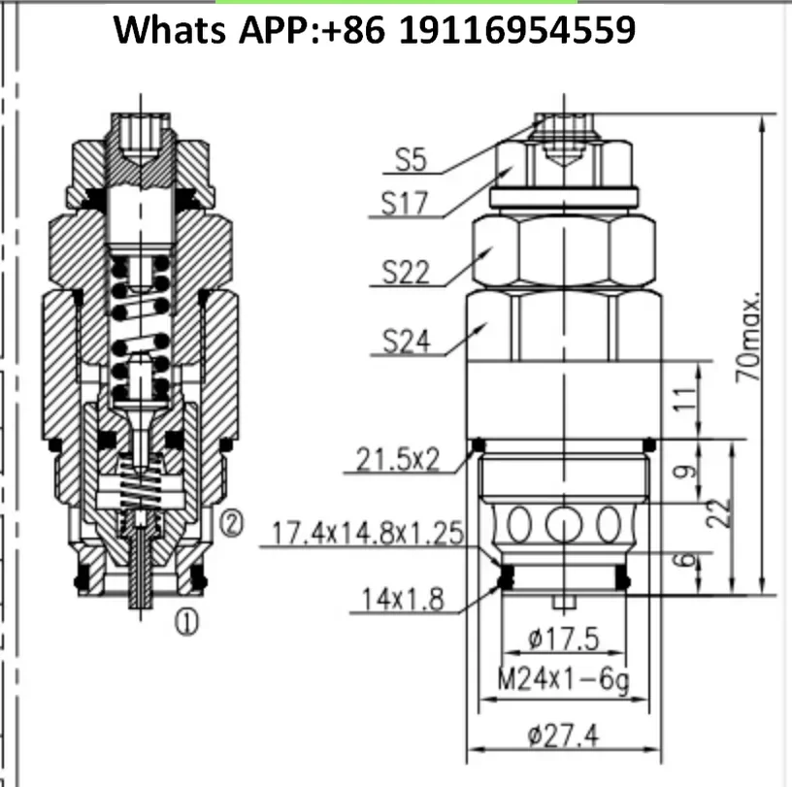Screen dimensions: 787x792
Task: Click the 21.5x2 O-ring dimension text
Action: point(398,460)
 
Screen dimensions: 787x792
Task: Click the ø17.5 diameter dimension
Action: point(563,639)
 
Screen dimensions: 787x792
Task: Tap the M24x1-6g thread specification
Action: point(563,679)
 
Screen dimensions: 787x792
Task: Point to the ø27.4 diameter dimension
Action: point(563,736)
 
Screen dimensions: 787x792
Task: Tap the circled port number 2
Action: point(231,525)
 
